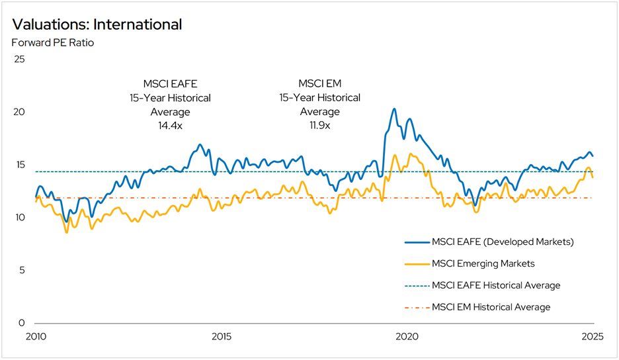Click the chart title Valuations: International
[97, 25]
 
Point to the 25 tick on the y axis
[19, 59]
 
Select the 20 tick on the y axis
[19, 112]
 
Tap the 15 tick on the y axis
[19, 165]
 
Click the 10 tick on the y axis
[19, 218]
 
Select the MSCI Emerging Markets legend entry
[483, 263]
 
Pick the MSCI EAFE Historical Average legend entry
[495, 285]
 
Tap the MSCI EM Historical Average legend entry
[491, 307]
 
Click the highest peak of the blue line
[394, 109]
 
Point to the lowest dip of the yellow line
[66, 232]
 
